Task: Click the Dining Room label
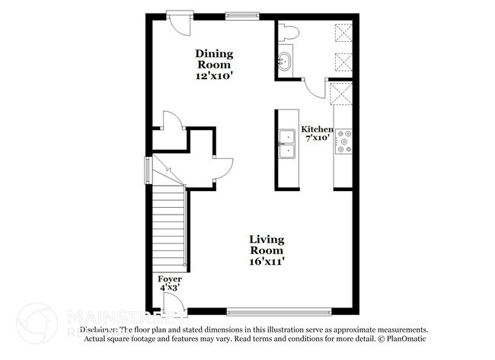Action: (214, 59)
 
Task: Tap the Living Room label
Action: (267, 245)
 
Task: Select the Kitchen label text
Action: (316, 129)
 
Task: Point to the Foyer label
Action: (170, 279)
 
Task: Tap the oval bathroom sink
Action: (286, 60)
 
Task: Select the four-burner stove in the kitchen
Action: (345, 141)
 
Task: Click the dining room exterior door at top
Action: (179, 20)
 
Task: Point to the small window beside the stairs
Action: (148, 170)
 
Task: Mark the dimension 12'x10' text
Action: (214, 76)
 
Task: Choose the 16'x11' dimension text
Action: (267, 262)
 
